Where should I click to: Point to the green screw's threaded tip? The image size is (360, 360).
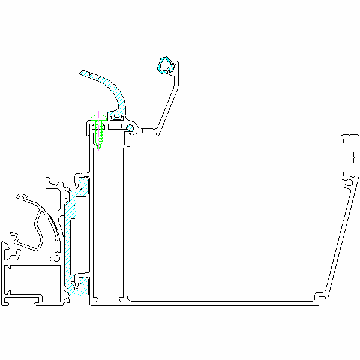click(100, 146)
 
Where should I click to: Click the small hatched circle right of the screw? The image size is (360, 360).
click(130, 127)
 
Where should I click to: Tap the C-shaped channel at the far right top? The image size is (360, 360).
click(349, 149)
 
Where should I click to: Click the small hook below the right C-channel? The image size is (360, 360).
click(346, 178)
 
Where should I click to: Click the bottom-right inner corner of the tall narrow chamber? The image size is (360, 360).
click(122, 298)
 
